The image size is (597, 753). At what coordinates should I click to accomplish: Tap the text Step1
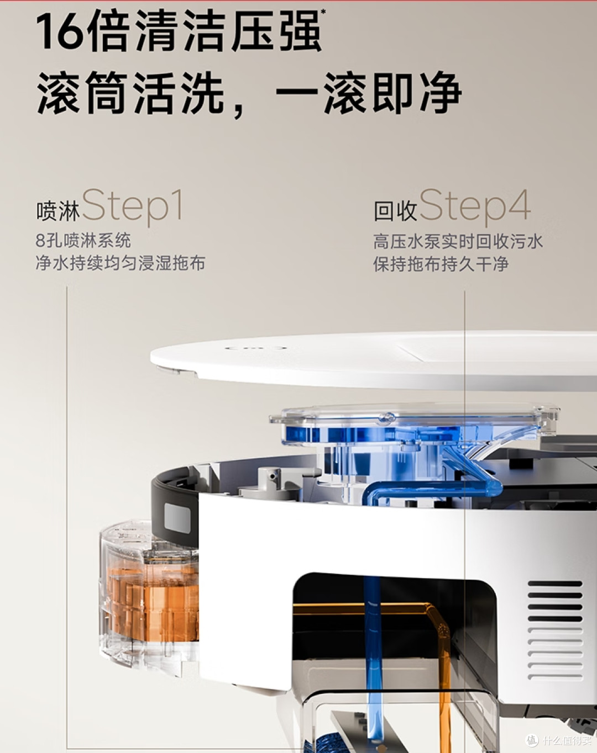(x=132, y=207)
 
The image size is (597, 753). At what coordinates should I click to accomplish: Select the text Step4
(x=475, y=207)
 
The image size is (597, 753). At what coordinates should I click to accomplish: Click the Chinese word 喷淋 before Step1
(x=58, y=211)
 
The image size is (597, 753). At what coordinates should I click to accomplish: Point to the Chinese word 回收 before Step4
(x=396, y=211)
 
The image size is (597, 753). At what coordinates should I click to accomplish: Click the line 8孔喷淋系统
(x=83, y=241)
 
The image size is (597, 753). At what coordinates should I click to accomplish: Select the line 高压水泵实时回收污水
(x=458, y=242)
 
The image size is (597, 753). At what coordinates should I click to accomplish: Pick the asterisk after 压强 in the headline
(x=323, y=13)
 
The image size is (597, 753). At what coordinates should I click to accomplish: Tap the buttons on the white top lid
(x=256, y=348)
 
